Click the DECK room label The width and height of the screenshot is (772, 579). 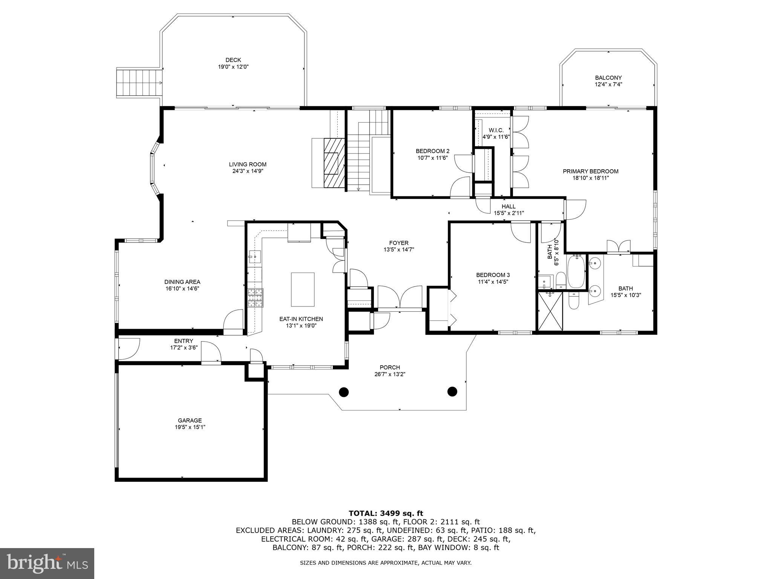coord(233,60)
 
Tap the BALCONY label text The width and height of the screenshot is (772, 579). coord(608,78)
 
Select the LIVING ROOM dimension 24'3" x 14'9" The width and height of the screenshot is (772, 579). coord(247,171)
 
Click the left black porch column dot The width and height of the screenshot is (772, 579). coord(343,392)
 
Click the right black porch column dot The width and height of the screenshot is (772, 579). coord(452,391)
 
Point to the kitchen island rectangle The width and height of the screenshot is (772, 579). coord(302,289)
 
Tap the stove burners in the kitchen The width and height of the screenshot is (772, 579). coord(255,297)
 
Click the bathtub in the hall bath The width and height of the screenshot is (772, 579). coord(576,271)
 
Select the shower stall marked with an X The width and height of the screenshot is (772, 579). coord(550,311)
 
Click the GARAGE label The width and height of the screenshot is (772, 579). coord(190,420)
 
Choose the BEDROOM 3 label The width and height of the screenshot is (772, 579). coord(493,275)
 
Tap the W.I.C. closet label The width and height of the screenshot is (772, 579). coord(496,130)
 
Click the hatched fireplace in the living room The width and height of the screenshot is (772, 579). coord(334,163)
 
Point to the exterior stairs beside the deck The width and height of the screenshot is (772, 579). coord(138,83)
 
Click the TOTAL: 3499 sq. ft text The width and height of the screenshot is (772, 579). coord(386,513)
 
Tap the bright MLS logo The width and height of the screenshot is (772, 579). coord(47,563)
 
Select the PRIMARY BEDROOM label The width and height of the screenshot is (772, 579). coord(590,171)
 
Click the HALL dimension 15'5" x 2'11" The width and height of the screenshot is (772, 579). coord(509,213)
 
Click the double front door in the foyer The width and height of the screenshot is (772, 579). coord(400,298)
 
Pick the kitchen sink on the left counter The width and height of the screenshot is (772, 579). coord(254,256)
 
